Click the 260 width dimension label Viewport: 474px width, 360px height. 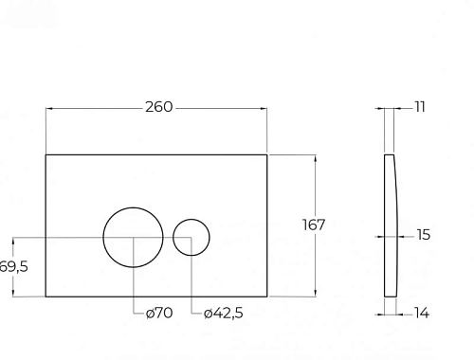point(159,107)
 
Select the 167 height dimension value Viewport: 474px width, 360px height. point(314,225)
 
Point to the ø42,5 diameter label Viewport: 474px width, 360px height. point(223,314)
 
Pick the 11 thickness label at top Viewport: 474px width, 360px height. point(420,107)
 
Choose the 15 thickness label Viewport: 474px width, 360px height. point(423,235)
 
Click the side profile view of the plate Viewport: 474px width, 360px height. point(390,225)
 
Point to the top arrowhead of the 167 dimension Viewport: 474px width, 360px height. point(314,154)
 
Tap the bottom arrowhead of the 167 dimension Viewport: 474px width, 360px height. point(314,294)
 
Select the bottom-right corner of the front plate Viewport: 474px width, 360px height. point(267,297)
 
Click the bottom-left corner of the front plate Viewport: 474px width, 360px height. point(46,297)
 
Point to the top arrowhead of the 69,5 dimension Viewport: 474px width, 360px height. point(6,238)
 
